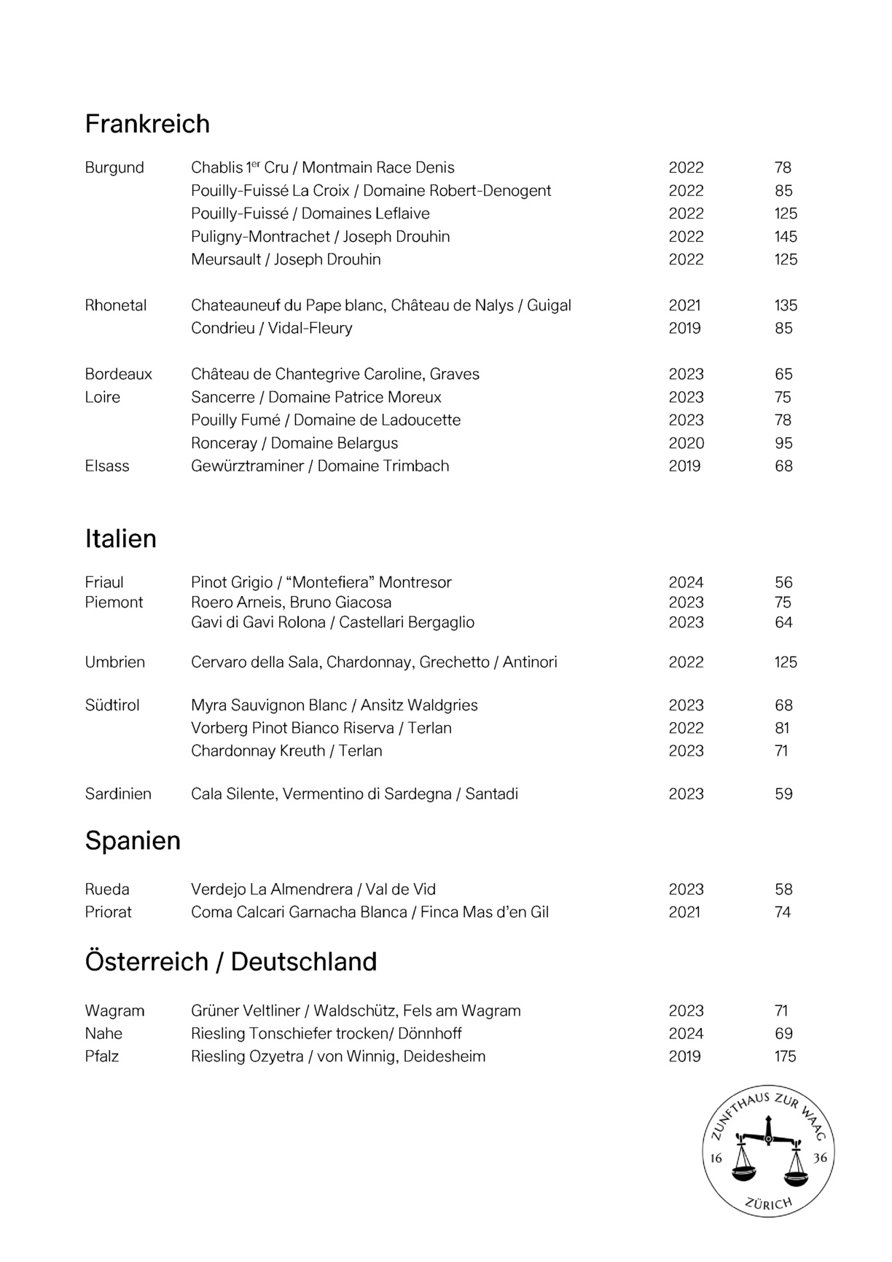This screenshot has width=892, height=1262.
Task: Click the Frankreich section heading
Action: click(x=147, y=124)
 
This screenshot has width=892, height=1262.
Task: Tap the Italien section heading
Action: click(x=121, y=538)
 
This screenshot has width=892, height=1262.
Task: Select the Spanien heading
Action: click(x=133, y=841)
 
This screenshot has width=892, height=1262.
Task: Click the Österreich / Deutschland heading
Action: click(x=231, y=962)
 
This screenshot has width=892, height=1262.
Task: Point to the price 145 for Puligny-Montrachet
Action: click(x=786, y=237)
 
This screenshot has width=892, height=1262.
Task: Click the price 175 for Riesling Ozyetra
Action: click(x=785, y=1057)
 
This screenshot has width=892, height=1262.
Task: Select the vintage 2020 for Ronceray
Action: click(x=686, y=443)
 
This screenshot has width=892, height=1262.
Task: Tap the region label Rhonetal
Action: click(x=116, y=305)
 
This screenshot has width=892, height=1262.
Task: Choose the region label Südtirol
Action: click(x=112, y=705)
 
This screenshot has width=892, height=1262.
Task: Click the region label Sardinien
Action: click(x=118, y=794)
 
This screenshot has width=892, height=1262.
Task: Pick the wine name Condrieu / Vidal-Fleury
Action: click(x=272, y=329)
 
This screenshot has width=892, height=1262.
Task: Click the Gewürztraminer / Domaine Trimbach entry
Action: click(x=320, y=466)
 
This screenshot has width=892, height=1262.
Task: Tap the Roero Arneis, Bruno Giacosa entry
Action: click(x=292, y=603)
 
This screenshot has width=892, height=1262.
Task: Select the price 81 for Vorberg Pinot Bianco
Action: click(x=783, y=728)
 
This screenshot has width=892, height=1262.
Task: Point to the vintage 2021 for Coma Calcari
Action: click(x=684, y=912)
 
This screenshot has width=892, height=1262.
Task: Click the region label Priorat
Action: click(x=109, y=912)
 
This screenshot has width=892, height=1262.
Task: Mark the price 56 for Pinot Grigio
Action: click(x=783, y=583)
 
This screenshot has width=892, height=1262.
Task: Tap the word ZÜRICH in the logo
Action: click(x=769, y=1204)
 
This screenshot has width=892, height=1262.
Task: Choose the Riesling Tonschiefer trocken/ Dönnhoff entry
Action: click(x=326, y=1034)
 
